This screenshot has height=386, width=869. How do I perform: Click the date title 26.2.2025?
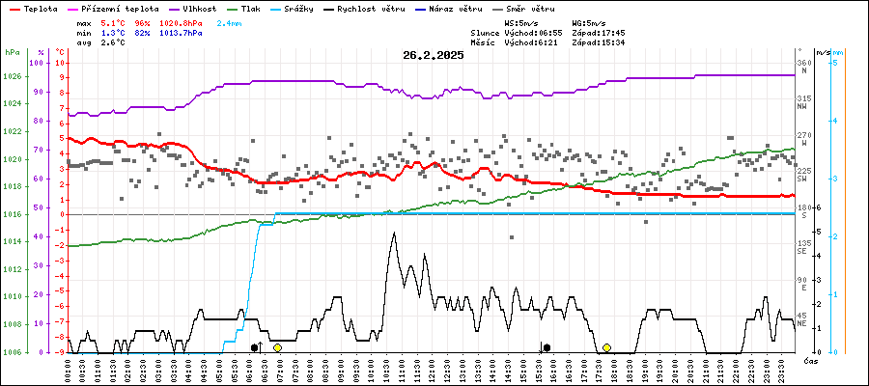coord(434,55)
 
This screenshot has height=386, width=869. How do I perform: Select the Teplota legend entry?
coord(42,8)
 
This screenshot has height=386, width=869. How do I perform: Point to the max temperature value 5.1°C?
coord(113,21)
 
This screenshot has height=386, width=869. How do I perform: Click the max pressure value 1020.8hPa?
coord(181,21)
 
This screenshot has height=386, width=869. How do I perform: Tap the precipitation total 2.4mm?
coord(230,21)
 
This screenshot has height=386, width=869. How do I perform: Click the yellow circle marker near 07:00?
coord(277,347)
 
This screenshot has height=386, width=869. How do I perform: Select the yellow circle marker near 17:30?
coord(606,347)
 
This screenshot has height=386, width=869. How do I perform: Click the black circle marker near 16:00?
coord(547,347)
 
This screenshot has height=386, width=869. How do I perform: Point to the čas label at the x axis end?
coord(811,360)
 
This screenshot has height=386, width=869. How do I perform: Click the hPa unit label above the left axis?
coord(12,51)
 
